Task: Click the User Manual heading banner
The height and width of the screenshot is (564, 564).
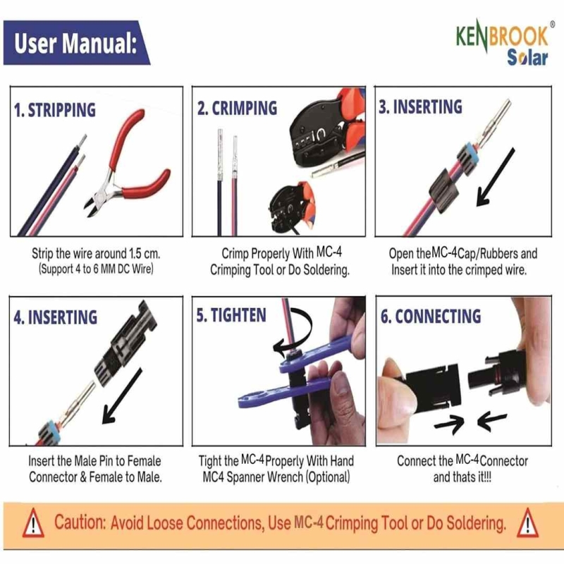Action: pos(76,43)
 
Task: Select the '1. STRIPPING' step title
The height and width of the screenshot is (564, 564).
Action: pos(55,110)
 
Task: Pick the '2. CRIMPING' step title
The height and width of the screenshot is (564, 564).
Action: pos(237,109)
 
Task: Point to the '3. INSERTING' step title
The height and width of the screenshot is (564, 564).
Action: pos(420,107)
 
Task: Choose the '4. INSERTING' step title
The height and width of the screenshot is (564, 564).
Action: pos(56,317)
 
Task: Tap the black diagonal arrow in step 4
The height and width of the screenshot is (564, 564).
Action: pos(122,396)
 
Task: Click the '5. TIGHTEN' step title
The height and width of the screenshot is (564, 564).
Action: pos(231,315)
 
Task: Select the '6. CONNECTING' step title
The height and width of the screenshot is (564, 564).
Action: pos(431,316)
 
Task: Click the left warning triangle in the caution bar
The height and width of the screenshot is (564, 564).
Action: pos(33,522)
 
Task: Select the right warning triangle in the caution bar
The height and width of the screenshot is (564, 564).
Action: pos(527,522)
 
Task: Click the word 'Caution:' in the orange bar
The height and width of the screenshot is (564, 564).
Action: pos(80,522)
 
